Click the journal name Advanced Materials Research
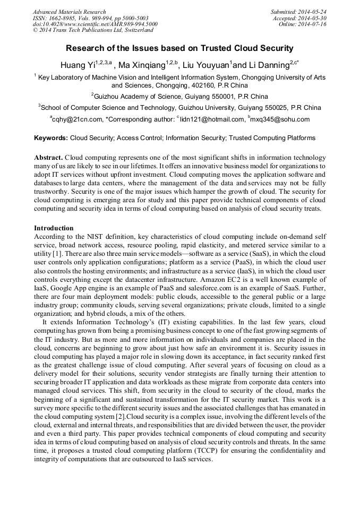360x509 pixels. tap(69, 12)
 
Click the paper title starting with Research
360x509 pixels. tap(179, 48)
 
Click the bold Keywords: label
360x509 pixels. tap(51, 138)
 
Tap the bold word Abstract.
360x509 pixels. tap(48, 158)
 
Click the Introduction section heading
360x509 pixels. tap(54, 228)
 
